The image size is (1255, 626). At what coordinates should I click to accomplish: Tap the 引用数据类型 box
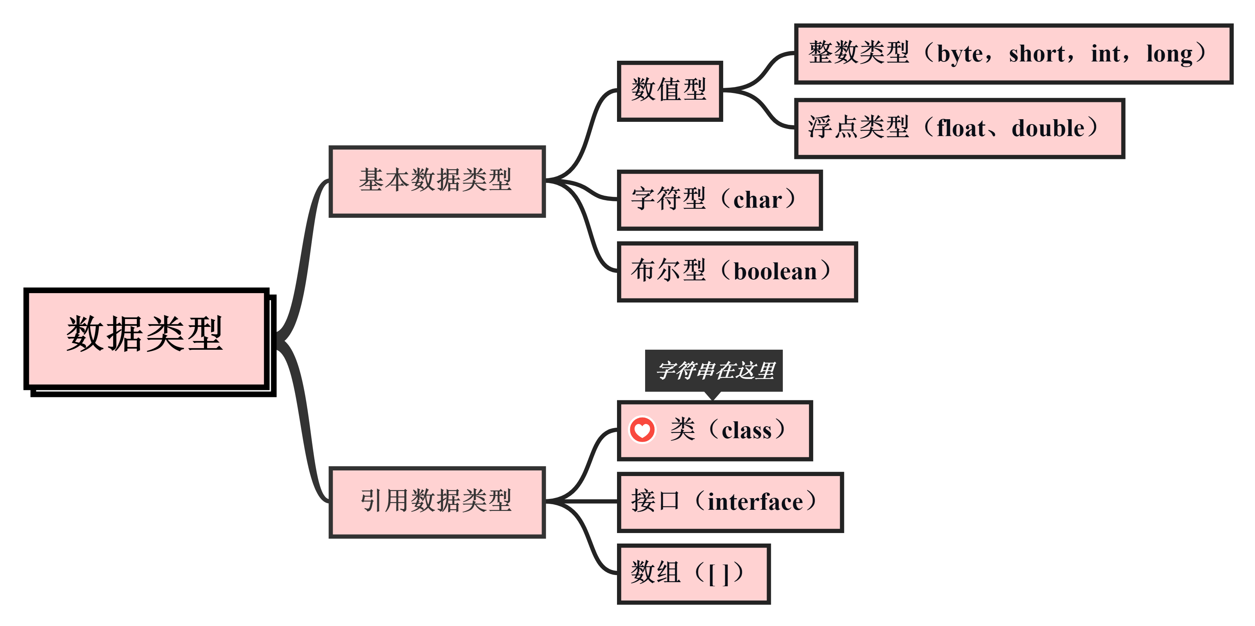pyautogui.click(x=437, y=502)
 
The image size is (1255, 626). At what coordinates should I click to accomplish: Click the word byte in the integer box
pyautogui.click(x=960, y=54)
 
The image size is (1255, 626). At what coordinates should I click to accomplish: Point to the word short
pyautogui.click(x=1037, y=54)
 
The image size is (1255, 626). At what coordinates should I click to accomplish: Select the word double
pyautogui.click(x=1048, y=129)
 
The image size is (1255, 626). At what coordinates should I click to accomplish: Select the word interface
pyautogui.click(x=755, y=502)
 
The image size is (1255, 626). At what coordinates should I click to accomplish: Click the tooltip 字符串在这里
pyautogui.click(x=714, y=370)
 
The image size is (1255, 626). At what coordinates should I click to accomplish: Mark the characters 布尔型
pyautogui.click(x=668, y=271)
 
